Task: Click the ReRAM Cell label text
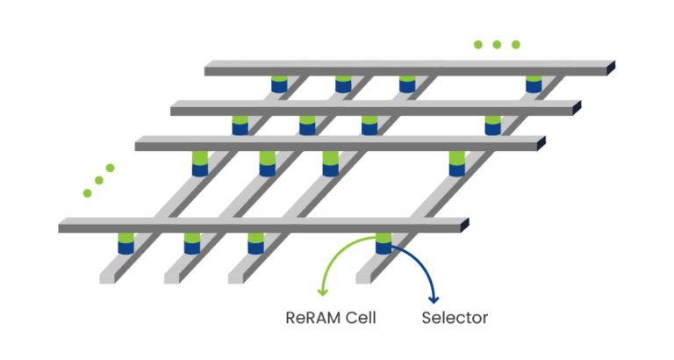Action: (x=331, y=318)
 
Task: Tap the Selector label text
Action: (x=455, y=318)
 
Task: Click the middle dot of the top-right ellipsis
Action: (x=497, y=45)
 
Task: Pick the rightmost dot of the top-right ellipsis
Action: (x=516, y=45)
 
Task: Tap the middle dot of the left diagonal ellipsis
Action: (x=99, y=180)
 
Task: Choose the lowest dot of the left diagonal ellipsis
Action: (x=87, y=192)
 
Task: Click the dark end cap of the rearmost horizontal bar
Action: (x=611, y=68)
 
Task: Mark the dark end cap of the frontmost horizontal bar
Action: (x=459, y=226)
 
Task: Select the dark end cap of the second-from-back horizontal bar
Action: (x=577, y=107)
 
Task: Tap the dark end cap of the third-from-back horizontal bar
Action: (x=541, y=143)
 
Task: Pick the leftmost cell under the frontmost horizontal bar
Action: (x=126, y=243)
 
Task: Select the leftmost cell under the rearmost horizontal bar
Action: (x=278, y=84)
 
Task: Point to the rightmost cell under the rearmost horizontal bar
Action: (x=534, y=84)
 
